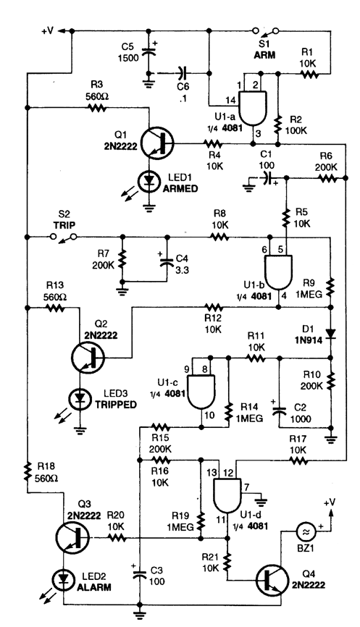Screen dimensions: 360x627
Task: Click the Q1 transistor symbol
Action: tap(158, 143)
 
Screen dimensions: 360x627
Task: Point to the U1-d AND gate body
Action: tap(227, 495)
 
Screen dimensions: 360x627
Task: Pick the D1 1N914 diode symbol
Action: tap(330, 334)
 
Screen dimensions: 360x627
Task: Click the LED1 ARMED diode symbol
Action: tap(148, 181)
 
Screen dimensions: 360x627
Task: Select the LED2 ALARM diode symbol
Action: tap(63, 579)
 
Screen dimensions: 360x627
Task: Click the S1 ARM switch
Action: tap(265, 30)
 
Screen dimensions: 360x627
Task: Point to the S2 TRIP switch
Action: tap(64, 237)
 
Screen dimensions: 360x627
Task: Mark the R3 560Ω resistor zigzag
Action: tap(97, 107)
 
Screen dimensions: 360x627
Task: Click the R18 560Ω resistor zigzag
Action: tap(28, 471)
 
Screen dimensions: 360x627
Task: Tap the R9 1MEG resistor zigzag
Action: tap(330, 288)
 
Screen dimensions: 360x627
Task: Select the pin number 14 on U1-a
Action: tap(231, 100)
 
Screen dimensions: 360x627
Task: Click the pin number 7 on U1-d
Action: tap(247, 487)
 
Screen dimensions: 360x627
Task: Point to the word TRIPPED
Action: tap(116, 404)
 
